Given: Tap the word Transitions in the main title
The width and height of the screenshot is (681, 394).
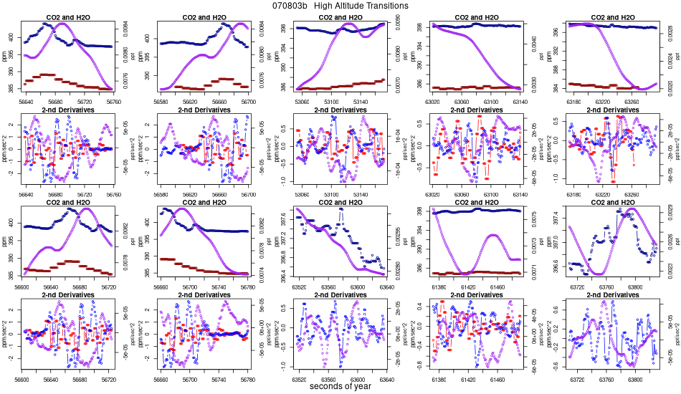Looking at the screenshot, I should tap(384, 6).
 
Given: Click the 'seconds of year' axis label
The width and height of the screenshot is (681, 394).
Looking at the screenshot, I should tap(340, 387).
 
